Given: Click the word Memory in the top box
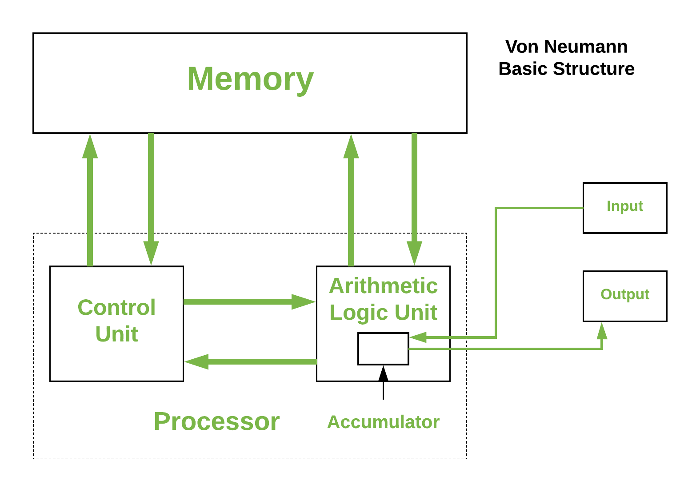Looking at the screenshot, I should [x=250, y=79].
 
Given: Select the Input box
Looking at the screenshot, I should [x=624, y=207].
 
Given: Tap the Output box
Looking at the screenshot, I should [x=624, y=296].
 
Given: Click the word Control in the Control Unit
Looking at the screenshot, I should [x=116, y=307].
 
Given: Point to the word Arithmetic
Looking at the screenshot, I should [x=383, y=286].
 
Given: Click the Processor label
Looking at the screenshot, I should [x=216, y=421].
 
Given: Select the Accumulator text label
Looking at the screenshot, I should [x=383, y=422].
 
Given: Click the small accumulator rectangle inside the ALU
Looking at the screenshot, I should [x=383, y=349].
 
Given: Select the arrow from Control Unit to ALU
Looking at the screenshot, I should [x=249, y=302].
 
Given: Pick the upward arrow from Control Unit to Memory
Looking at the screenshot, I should [x=90, y=200].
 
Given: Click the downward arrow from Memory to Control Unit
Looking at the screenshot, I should [x=151, y=200].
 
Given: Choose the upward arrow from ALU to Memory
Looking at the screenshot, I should [x=351, y=200].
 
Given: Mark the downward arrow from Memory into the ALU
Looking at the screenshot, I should [x=414, y=200].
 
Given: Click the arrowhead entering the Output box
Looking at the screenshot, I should [x=602, y=331].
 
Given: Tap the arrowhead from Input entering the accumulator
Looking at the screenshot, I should [x=418, y=337].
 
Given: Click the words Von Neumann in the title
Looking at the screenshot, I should [x=566, y=47].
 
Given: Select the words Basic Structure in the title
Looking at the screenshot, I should [x=566, y=69].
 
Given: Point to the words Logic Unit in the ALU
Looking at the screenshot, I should [x=383, y=312].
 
